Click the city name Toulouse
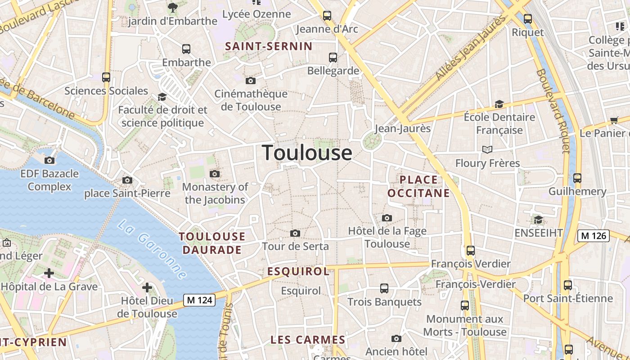307,153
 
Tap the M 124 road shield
199,300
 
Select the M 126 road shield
594,235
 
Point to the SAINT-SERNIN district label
269,46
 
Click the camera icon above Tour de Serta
295,233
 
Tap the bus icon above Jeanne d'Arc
327,16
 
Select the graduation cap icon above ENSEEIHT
538,220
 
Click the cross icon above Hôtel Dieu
147,287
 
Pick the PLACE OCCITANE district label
418,186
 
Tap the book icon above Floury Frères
487,149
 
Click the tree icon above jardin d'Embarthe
172,7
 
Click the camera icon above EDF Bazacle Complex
49,160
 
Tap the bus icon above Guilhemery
577,178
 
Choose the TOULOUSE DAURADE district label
212,243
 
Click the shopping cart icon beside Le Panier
614,120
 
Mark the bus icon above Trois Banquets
384,288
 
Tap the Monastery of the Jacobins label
215,193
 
